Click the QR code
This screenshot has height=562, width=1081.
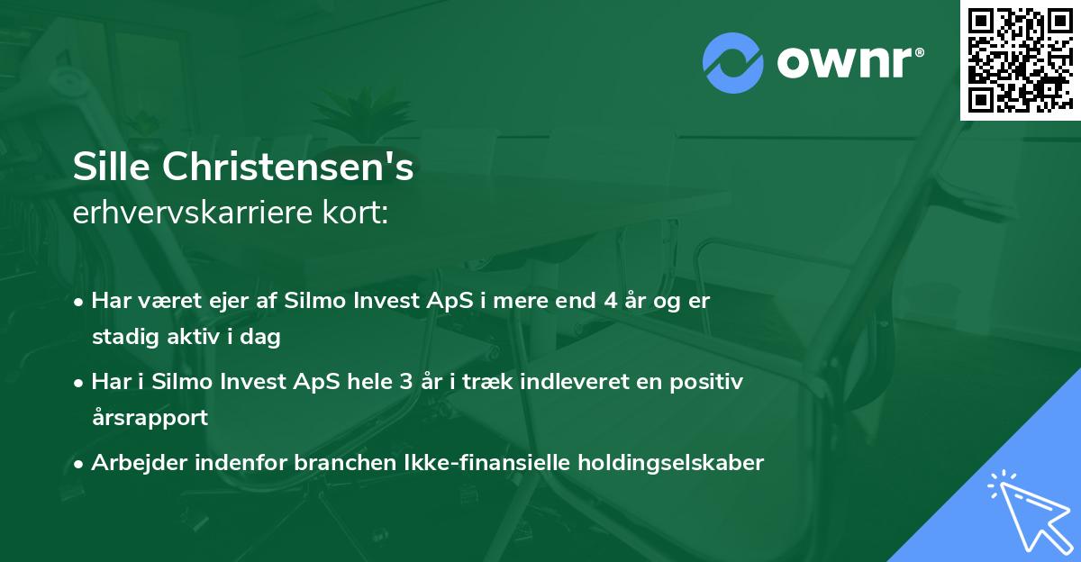(x=1021, y=60)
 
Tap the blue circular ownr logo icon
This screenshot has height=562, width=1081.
(x=732, y=63)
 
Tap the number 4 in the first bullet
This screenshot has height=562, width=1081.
(x=612, y=301)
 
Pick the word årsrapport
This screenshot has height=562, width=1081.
(x=150, y=418)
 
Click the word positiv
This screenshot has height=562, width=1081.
(x=706, y=382)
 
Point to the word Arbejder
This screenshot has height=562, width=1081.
(x=133, y=463)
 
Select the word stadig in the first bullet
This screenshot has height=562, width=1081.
(x=122, y=337)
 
